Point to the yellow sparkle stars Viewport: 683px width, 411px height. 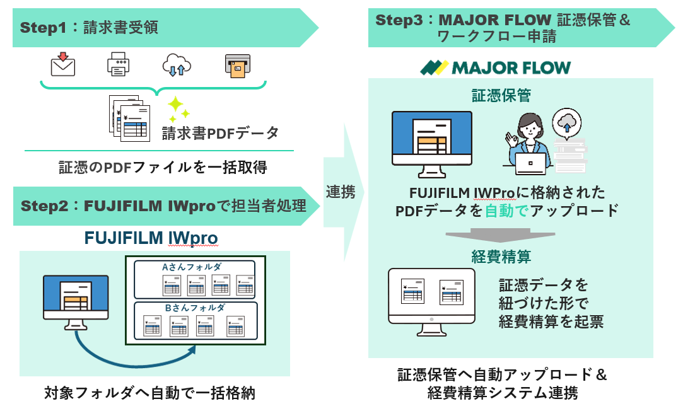click(x=177, y=108)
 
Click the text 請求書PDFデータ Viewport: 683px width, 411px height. click(x=220, y=133)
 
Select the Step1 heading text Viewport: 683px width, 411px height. click(x=88, y=27)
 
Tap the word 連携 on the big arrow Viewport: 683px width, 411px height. click(x=341, y=192)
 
